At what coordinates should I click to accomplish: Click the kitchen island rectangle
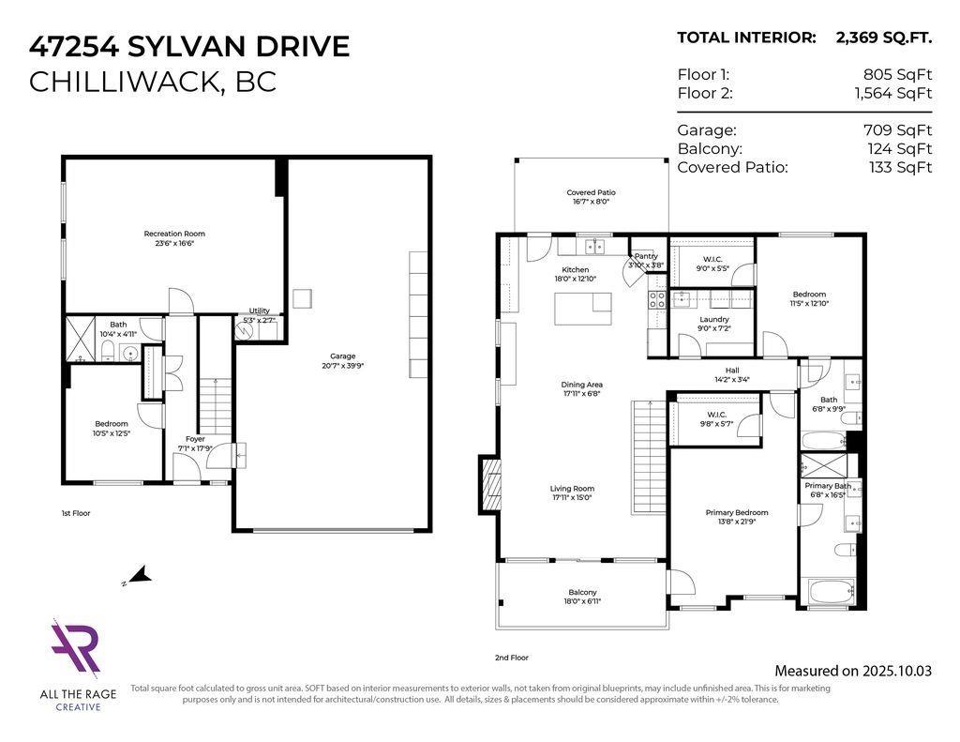(x=582, y=309)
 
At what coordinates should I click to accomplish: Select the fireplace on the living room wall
(x=488, y=481)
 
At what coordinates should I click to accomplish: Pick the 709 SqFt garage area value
(x=897, y=130)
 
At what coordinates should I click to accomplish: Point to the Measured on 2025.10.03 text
(x=853, y=671)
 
